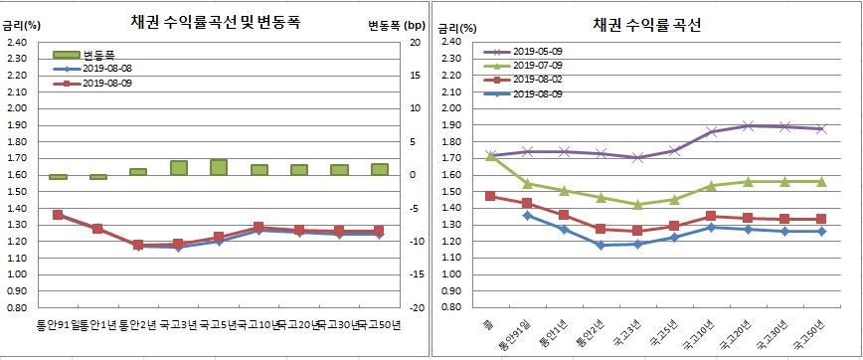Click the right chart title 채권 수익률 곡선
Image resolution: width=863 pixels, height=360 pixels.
point(647,24)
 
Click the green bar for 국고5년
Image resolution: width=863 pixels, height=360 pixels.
point(220,167)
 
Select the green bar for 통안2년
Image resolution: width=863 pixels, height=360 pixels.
point(138,172)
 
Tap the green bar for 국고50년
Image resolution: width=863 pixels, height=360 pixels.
point(379,169)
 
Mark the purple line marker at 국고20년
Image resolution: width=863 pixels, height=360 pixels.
point(748,125)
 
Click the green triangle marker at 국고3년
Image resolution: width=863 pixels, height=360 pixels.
point(637,205)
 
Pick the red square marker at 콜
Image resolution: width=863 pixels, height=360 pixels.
point(489,196)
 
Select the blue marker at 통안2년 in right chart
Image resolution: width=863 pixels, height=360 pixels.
point(601,245)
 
